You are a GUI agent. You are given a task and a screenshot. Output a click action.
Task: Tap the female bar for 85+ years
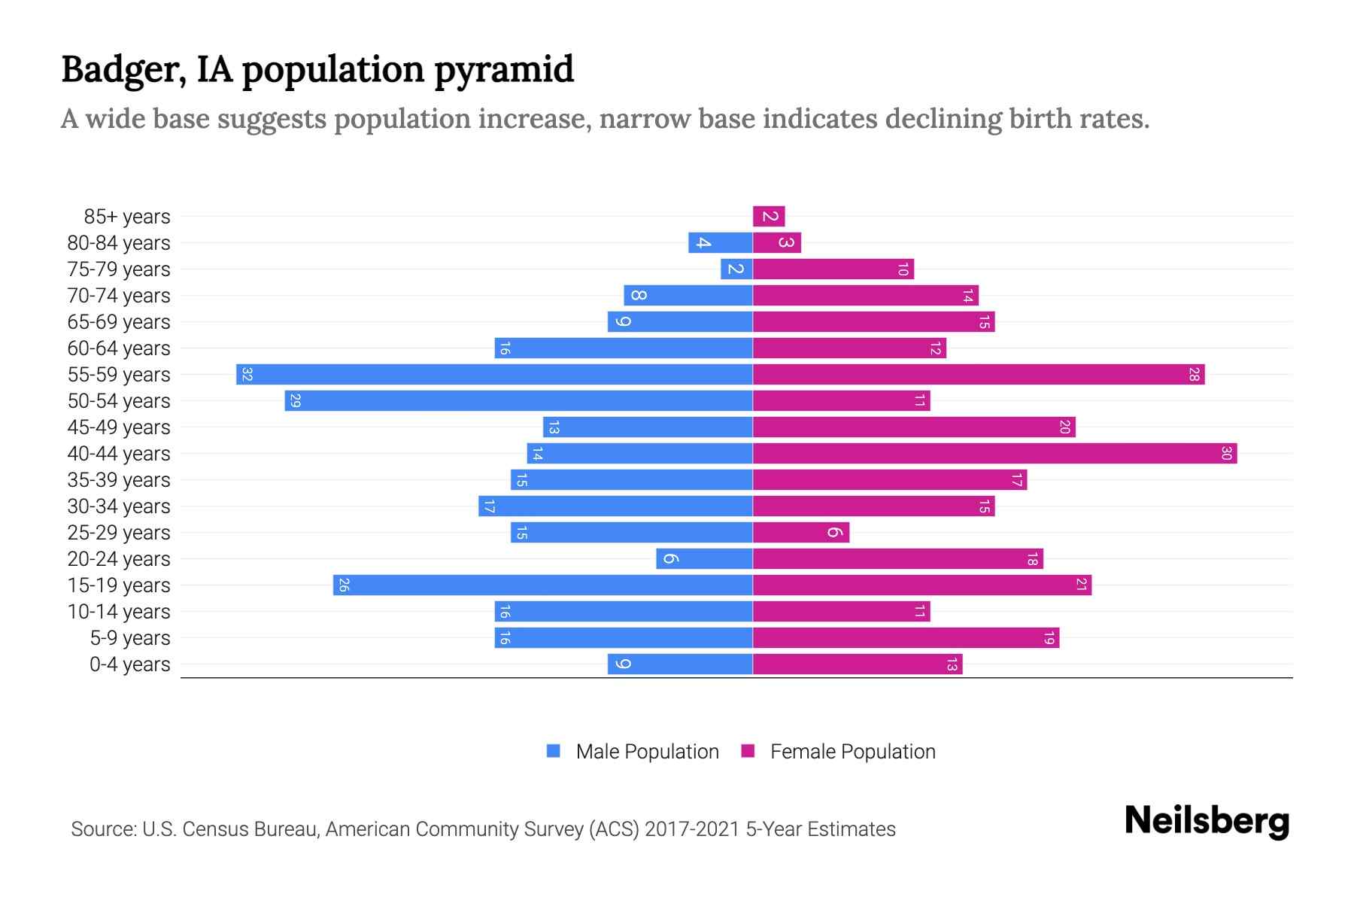click(769, 216)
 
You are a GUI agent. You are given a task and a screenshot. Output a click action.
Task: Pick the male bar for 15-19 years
click(542, 585)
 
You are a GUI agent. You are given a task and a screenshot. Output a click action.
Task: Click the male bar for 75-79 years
click(736, 269)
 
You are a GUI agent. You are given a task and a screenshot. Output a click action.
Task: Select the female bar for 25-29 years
click(801, 532)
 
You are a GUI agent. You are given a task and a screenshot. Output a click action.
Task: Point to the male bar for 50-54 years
click(518, 400)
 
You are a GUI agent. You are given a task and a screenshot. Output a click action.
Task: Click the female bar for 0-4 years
click(858, 664)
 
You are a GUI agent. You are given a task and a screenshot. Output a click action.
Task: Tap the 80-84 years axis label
click(119, 243)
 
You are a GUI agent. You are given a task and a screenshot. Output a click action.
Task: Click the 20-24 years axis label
click(119, 559)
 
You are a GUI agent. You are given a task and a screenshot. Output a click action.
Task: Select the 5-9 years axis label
click(130, 638)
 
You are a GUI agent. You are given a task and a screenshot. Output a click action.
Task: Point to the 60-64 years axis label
click(119, 348)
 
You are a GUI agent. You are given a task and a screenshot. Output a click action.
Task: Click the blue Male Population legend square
click(554, 751)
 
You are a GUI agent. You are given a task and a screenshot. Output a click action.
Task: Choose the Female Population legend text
click(852, 751)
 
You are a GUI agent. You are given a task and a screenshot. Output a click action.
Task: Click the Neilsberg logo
click(1207, 821)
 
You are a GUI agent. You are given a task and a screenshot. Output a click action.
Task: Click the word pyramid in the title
click(503, 69)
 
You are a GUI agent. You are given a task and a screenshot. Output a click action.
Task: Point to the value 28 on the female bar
click(1193, 374)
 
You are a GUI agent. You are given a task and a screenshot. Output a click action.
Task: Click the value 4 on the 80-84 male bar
click(703, 242)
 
